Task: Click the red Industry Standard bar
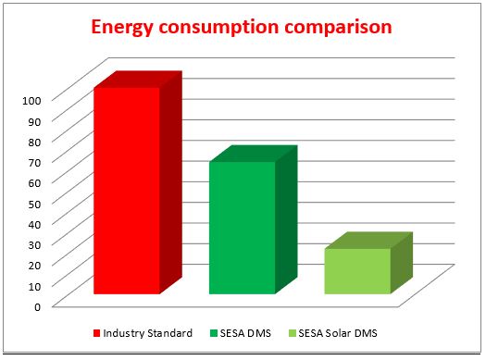pyautogui.click(x=127, y=190)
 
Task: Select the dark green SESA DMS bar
pyautogui.click(x=243, y=227)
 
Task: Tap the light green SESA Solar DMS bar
pyautogui.click(x=356, y=270)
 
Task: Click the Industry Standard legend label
pyautogui.click(x=147, y=333)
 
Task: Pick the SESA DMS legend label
pyautogui.click(x=247, y=333)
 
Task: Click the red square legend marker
pyautogui.click(x=95, y=333)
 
